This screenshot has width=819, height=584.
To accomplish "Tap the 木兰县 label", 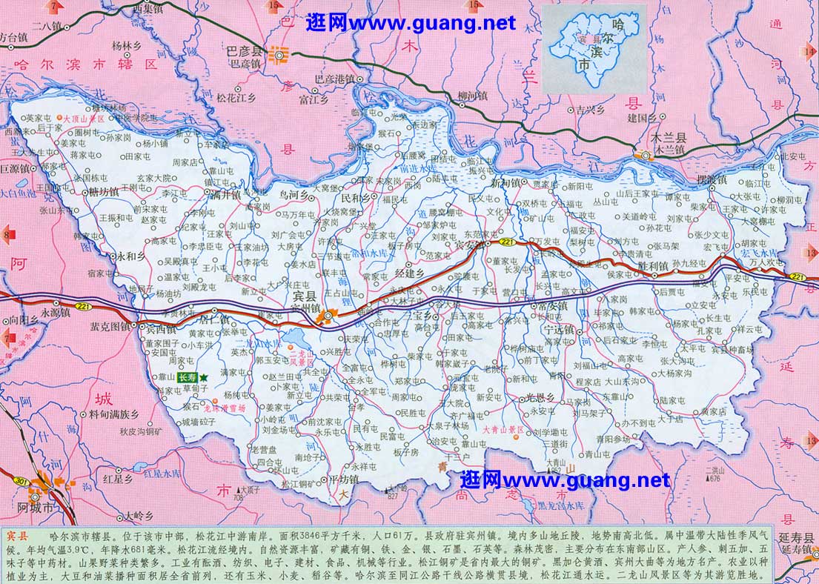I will tap(669, 138).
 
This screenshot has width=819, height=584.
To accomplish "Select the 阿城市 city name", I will tap(37, 508).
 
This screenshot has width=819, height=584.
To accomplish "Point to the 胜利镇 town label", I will tap(651, 265).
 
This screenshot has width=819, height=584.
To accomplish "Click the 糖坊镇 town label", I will tap(103, 191).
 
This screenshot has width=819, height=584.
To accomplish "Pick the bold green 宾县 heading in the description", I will tap(17, 535).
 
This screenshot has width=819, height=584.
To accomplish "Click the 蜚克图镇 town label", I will tap(110, 325).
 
